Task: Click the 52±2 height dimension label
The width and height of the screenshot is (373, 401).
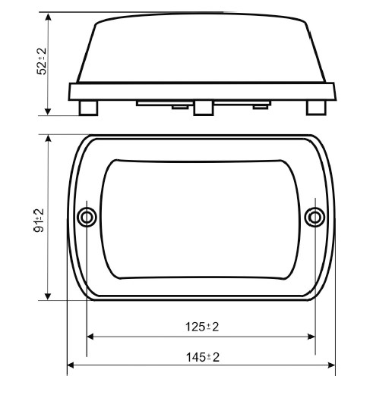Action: click(x=42, y=61)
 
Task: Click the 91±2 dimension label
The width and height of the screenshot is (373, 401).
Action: click(x=39, y=220)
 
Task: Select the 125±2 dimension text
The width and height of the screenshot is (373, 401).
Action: click(x=202, y=327)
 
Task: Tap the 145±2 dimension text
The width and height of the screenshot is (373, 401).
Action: click(x=203, y=357)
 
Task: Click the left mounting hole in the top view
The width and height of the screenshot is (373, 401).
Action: click(x=87, y=218)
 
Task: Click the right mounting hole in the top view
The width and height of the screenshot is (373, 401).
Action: click(x=315, y=218)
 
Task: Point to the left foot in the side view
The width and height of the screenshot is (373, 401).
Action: click(x=88, y=108)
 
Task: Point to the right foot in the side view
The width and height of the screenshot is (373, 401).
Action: click(x=316, y=108)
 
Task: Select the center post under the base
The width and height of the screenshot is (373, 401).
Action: click(x=204, y=108)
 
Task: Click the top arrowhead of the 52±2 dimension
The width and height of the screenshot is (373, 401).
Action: click(x=48, y=17)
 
